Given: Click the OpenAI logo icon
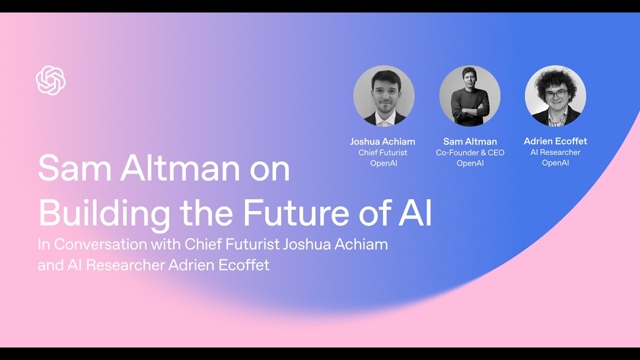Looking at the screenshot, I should tap(50, 80).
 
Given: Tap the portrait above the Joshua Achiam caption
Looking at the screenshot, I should tap(383, 95).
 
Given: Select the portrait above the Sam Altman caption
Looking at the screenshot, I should tap(469, 95).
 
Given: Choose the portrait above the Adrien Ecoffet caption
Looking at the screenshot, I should tap(555, 95).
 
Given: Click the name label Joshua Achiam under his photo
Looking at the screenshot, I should tap(382, 141).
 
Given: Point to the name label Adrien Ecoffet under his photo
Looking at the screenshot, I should tap(555, 141).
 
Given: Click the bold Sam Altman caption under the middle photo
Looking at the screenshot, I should tap(470, 141).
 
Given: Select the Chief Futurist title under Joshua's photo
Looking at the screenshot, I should tap(382, 152).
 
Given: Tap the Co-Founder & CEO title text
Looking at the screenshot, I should tap(470, 152).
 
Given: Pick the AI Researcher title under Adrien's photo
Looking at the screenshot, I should tap(555, 152).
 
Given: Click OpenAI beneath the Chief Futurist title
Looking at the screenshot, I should tap(383, 163).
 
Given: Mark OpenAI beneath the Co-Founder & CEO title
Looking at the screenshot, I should tap(470, 163).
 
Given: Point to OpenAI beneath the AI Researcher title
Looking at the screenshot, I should tap(555, 162).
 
